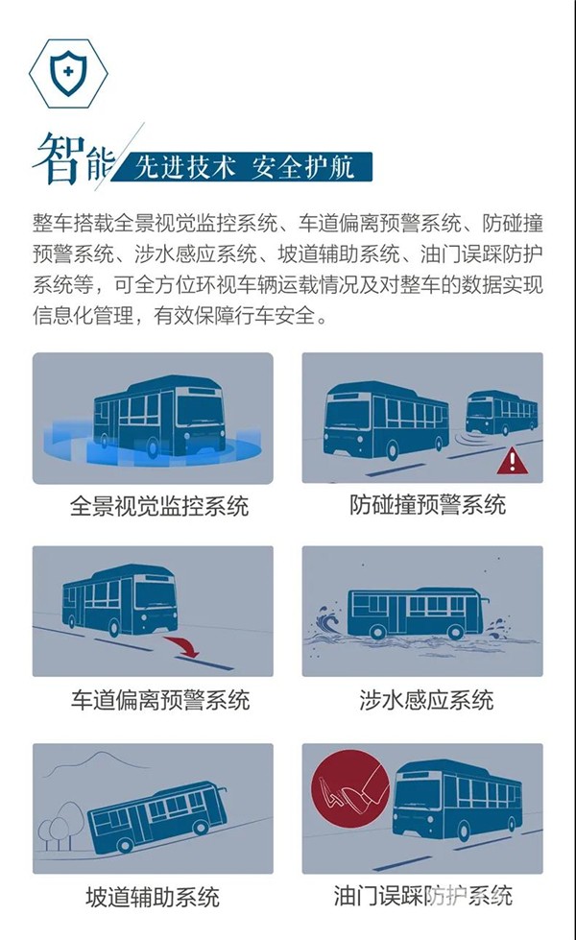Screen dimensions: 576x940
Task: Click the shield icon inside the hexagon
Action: pos(68,73)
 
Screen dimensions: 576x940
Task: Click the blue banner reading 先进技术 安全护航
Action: pos(243,167)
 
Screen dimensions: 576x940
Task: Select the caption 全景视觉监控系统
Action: pos(158,505)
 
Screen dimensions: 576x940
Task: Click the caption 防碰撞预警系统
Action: pos(428,504)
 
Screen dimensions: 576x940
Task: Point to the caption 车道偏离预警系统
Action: pos(159,700)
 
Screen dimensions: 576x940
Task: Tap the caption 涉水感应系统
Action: pos(427,700)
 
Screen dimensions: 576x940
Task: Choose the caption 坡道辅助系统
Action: pos(153,897)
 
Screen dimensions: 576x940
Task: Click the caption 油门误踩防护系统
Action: pos(423,896)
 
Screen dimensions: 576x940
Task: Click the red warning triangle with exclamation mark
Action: pos(512,460)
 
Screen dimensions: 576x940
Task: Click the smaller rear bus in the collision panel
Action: pos(502,413)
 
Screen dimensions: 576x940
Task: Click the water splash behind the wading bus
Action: pos(326,622)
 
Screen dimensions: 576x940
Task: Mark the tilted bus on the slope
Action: pos(157,816)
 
